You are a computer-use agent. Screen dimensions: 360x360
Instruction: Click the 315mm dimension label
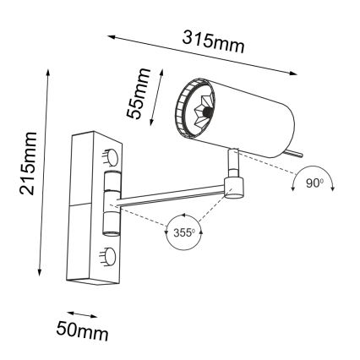pyautogui.click(x=213, y=39)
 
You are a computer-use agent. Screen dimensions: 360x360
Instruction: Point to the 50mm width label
pyautogui.click(x=82, y=329)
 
